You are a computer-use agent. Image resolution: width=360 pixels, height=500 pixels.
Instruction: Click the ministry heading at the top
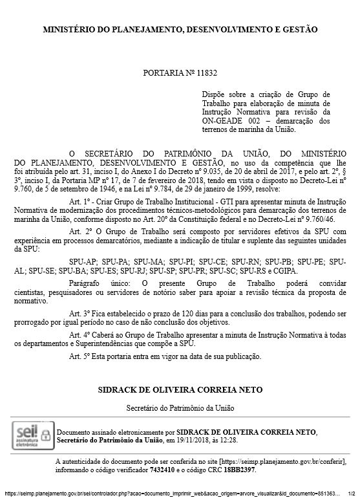[x=180, y=30]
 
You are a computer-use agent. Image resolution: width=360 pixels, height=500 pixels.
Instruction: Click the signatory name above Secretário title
[x=180, y=391]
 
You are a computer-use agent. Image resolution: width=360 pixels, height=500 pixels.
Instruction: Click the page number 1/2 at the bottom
[x=351, y=493]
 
